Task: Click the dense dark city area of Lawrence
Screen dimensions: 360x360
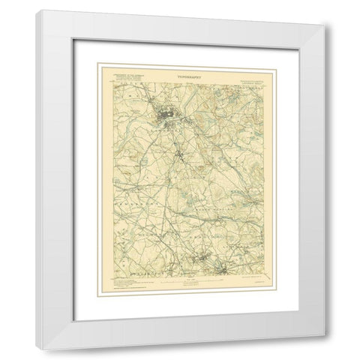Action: point(166,115)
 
